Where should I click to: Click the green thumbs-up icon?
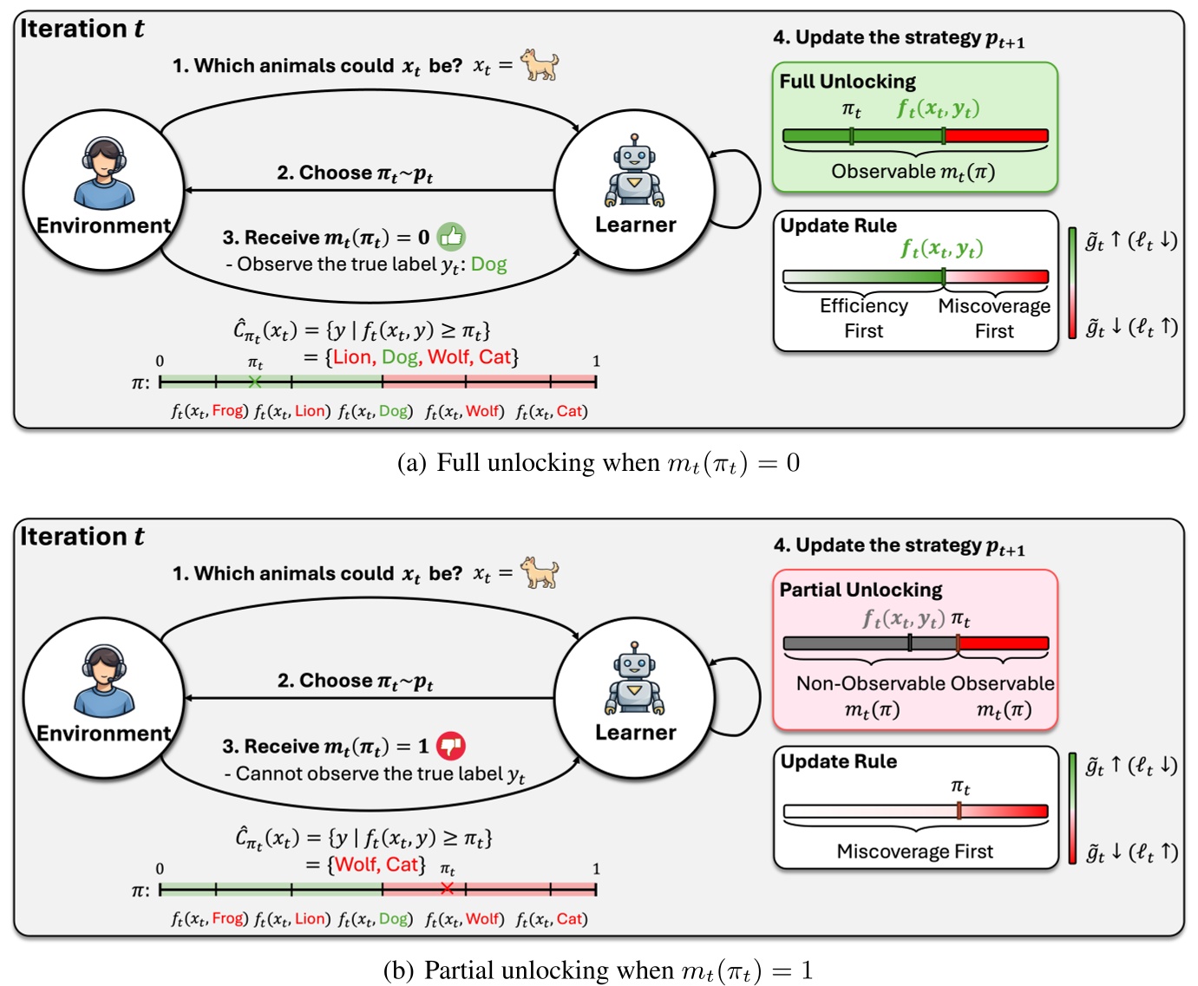(x=450, y=236)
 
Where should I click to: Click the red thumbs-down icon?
(x=450, y=745)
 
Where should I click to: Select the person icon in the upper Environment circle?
(x=104, y=173)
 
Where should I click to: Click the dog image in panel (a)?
(x=540, y=65)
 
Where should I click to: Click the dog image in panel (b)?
(x=540, y=573)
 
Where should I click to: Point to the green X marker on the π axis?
(x=254, y=382)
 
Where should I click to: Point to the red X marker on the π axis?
(x=447, y=889)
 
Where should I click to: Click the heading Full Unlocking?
(x=847, y=82)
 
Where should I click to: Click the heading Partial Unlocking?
(x=860, y=590)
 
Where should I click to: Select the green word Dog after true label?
(x=488, y=264)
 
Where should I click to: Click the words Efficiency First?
(x=863, y=318)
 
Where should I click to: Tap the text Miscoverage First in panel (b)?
(x=914, y=852)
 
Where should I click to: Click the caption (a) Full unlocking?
(x=598, y=463)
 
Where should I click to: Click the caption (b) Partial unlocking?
(x=598, y=970)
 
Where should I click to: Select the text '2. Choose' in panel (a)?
(x=324, y=173)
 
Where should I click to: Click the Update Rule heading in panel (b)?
(x=838, y=761)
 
